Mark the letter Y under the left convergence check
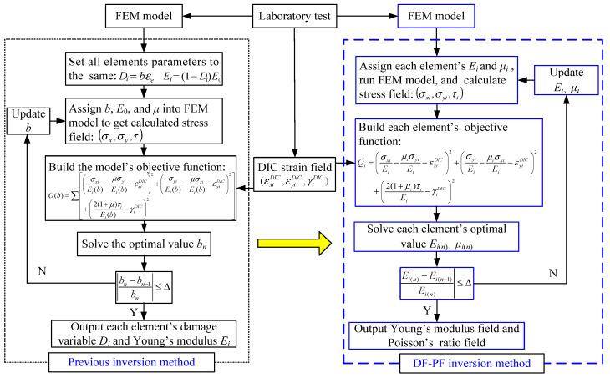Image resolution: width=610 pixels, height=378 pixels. coord(154,309)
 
